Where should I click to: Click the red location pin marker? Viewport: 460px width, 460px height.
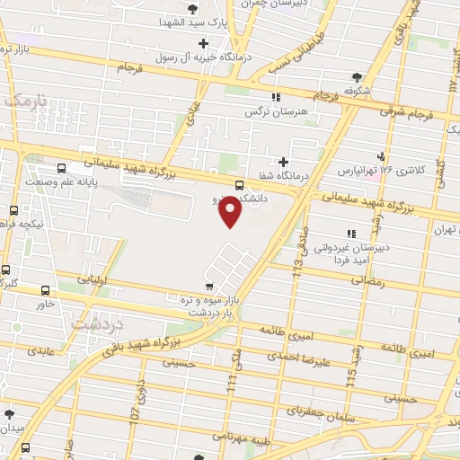coord(232,212)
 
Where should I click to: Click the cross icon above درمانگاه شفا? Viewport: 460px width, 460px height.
coord(284,162)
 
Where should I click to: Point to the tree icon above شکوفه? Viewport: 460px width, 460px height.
coord(358,76)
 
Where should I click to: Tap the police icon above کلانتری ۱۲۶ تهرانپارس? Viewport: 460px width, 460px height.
coord(382,155)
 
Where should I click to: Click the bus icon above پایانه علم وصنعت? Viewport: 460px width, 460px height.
coord(61,167)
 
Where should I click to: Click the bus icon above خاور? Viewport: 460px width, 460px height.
coord(46,290)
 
